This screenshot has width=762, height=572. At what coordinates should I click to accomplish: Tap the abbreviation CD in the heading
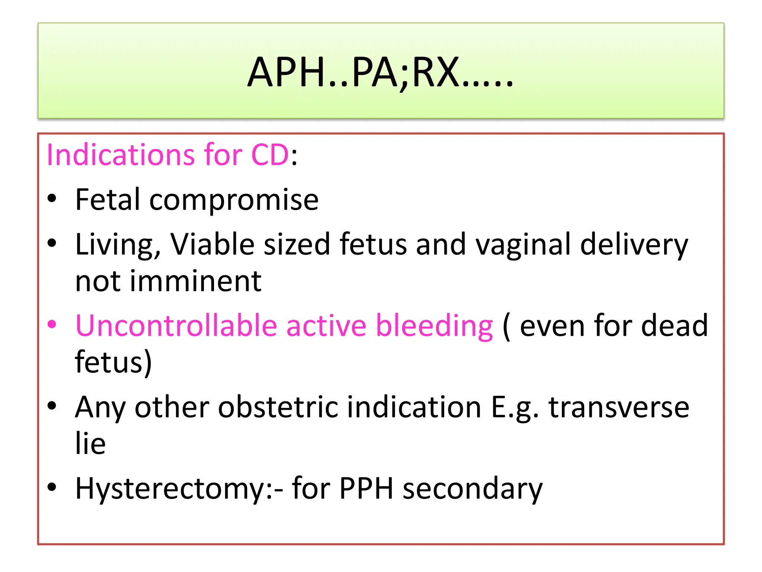(x=270, y=155)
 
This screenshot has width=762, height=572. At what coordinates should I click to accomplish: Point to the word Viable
(x=212, y=245)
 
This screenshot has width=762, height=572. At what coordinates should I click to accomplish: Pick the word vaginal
(x=523, y=245)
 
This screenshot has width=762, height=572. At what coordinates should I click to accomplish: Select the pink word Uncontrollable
(x=176, y=326)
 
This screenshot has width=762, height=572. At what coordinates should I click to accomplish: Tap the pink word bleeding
(x=434, y=326)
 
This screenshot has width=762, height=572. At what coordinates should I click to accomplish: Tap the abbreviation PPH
(x=366, y=489)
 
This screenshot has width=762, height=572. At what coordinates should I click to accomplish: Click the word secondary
(x=473, y=489)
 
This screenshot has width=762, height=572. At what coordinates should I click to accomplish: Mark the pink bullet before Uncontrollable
(x=52, y=324)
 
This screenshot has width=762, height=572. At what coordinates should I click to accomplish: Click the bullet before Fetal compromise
(x=52, y=198)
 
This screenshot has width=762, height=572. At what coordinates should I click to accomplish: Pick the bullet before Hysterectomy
(x=52, y=487)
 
